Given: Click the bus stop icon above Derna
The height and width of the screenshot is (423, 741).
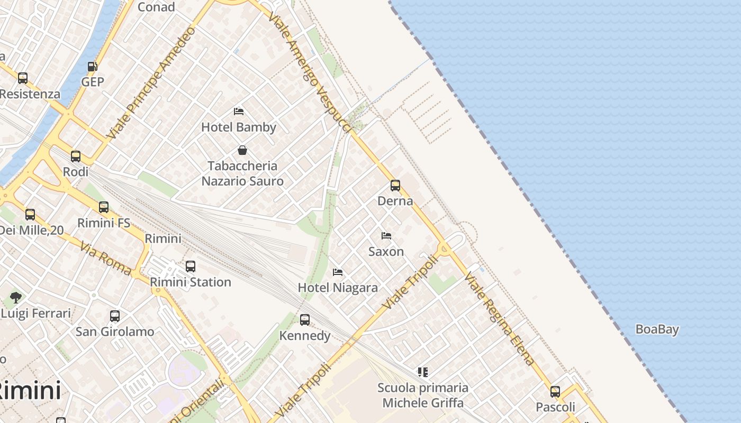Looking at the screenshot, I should pyautogui.click(x=395, y=186).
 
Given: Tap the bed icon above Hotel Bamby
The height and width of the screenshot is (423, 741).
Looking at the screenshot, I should pyautogui.click(x=239, y=112).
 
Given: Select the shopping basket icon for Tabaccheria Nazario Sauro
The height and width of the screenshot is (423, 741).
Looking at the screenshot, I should pyautogui.click(x=242, y=150).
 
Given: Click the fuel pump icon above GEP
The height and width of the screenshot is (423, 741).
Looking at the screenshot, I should pyautogui.click(x=92, y=67).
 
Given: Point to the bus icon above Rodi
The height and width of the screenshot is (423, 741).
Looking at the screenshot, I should pyautogui.click(x=76, y=157).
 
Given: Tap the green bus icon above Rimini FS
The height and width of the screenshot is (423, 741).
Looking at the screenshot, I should pyautogui.click(x=104, y=207).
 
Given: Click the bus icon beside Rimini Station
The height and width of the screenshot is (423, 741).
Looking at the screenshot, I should pyautogui.click(x=191, y=266).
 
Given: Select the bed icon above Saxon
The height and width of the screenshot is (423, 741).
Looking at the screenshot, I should pyautogui.click(x=386, y=236).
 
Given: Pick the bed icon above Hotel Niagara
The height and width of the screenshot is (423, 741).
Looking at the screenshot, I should pyautogui.click(x=338, y=272).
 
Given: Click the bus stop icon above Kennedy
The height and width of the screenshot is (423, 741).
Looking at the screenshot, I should pyautogui.click(x=305, y=320).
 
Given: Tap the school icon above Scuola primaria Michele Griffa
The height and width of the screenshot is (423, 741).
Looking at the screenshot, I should pyautogui.click(x=422, y=372).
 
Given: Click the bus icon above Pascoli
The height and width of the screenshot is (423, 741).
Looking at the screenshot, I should pyautogui.click(x=555, y=392).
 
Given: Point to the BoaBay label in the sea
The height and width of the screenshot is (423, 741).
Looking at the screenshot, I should pyautogui.click(x=657, y=329).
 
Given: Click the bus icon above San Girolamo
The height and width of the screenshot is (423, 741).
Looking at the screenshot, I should pyautogui.click(x=115, y=316).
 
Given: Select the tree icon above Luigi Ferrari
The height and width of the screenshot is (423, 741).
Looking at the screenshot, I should pyautogui.click(x=16, y=298).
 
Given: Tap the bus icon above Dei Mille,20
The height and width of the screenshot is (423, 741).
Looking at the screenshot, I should pyautogui.click(x=30, y=215).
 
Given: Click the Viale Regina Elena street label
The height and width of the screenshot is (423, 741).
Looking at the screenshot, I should pyautogui.click(x=500, y=319).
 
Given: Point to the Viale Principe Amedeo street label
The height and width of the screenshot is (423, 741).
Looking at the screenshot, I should pyautogui.click(x=151, y=83).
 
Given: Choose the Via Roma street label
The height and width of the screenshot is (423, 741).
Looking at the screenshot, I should pyautogui.click(x=106, y=259).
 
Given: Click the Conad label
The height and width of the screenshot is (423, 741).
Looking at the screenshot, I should pyautogui.click(x=156, y=7).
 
